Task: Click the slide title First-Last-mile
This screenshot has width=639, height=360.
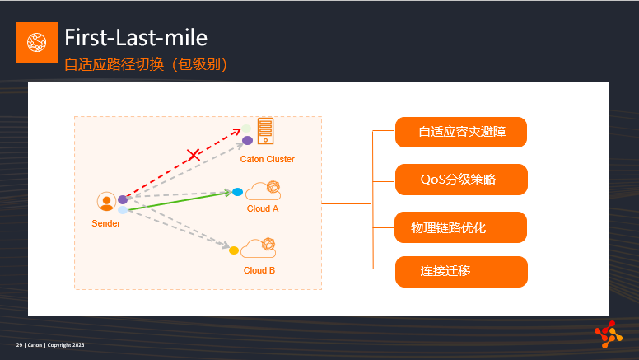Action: click(x=136, y=38)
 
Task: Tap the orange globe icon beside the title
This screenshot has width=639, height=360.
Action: click(x=37, y=43)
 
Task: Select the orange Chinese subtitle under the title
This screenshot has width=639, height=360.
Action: click(x=146, y=64)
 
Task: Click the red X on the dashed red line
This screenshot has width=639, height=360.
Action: click(x=194, y=155)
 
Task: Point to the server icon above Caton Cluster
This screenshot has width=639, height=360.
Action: click(x=265, y=131)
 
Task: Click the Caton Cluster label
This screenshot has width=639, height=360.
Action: click(x=267, y=159)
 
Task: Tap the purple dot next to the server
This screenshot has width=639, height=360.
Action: click(x=247, y=141)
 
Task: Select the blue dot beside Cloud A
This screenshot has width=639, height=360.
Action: click(x=238, y=192)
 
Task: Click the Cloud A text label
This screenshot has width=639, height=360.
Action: click(x=263, y=208)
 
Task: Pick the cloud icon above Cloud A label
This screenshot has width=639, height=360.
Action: click(x=264, y=190)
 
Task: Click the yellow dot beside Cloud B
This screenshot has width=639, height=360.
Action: click(x=234, y=250)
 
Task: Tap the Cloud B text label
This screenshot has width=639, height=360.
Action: click(x=259, y=270)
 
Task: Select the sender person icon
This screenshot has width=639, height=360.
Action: click(x=106, y=201)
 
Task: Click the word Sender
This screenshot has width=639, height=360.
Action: click(x=106, y=223)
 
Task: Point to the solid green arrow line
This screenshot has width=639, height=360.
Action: click(x=180, y=201)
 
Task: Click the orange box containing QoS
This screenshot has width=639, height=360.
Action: click(x=461, y=180)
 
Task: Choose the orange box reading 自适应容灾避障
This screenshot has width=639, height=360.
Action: click(x=461, y=132)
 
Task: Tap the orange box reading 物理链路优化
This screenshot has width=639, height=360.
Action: click(x=460, y=227)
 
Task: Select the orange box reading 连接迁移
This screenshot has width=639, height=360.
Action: click(x=461, y=272)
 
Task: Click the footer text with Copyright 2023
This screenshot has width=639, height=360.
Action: click(x=50, y=345)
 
